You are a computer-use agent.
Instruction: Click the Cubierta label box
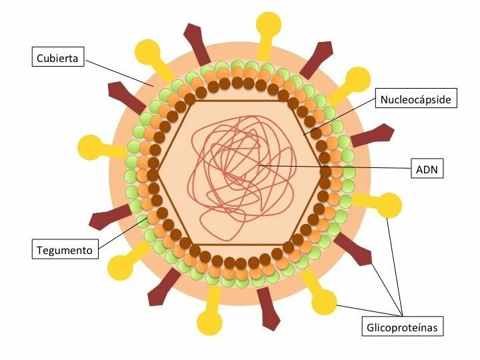[59, 58]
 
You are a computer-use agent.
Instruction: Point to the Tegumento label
[65, 250]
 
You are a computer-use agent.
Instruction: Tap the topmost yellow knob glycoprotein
[269, 22]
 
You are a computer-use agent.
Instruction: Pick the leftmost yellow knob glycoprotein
[91, 147]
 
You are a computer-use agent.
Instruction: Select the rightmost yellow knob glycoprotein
[389, 205]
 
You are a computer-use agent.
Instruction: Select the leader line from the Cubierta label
[120, 73]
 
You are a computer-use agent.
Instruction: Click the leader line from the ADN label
[333, 167]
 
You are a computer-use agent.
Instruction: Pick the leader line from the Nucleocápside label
[340, 117]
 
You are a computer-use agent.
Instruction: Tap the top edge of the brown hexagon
[240, 101]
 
